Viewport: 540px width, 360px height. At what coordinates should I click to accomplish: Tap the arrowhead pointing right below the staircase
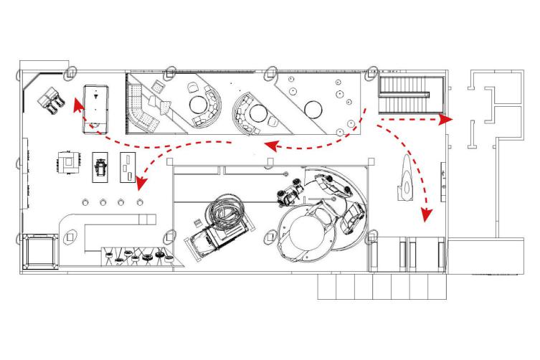pyautogui.click(x=445, y=118)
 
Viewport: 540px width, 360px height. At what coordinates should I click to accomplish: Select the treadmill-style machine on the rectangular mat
pyautogui.click(x=100, y=166)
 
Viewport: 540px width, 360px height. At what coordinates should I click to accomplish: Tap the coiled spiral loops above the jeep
pyautogui.click(x=228, y=213)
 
